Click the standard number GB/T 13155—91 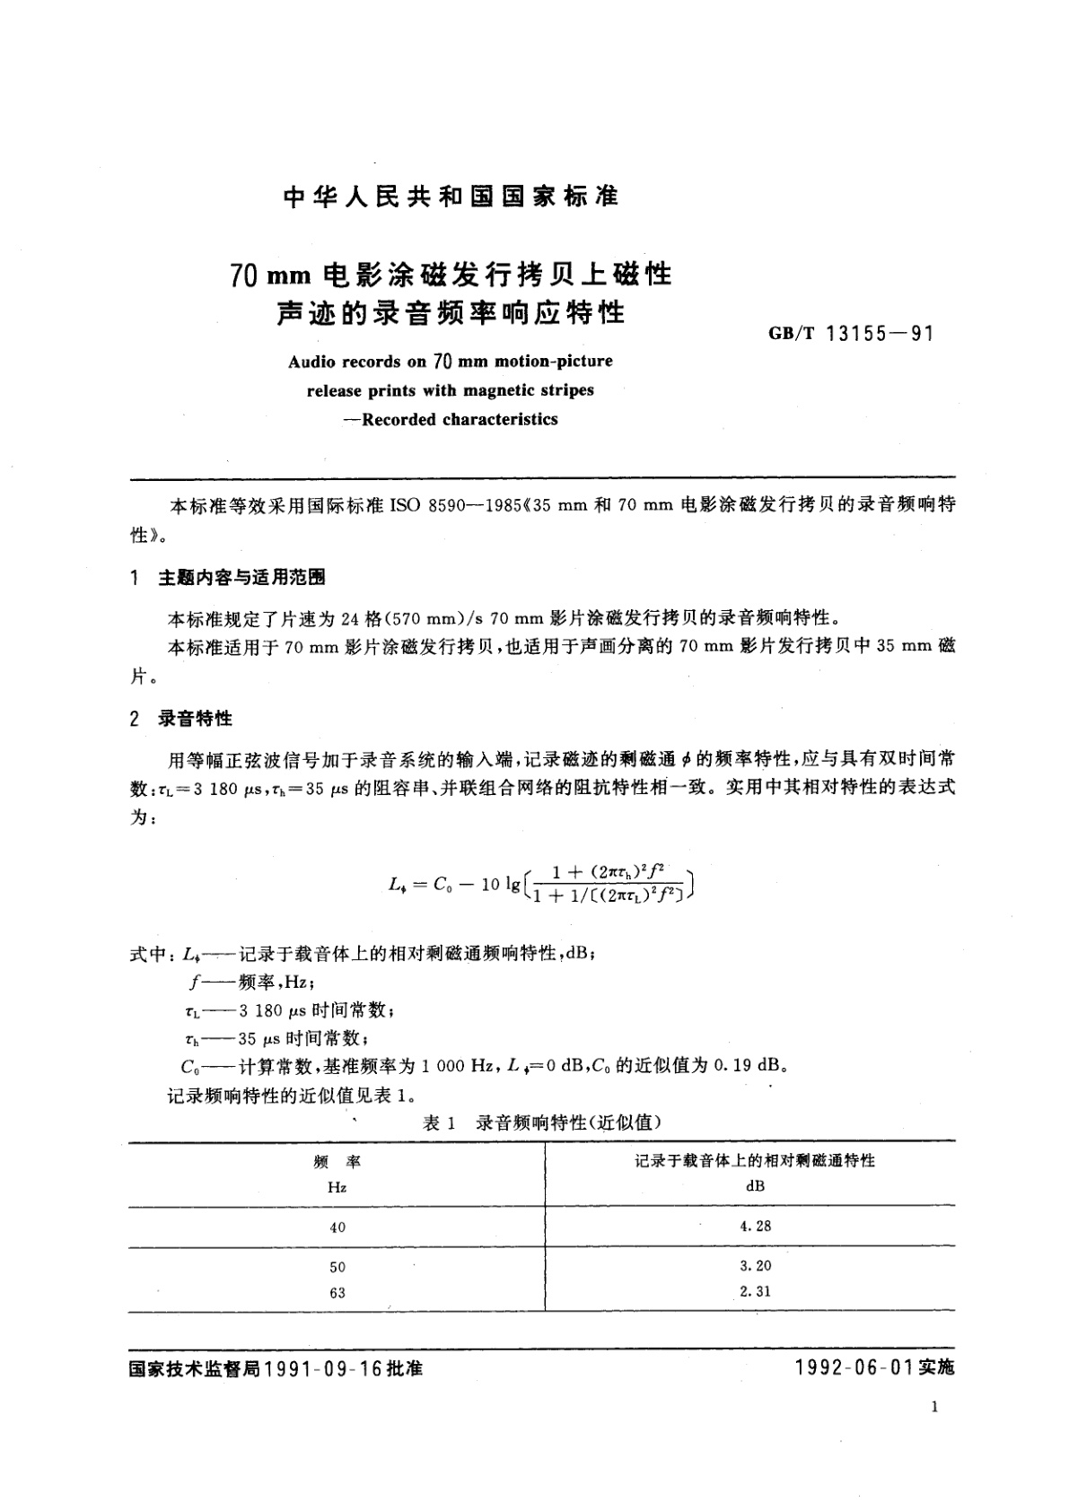pos(851,334)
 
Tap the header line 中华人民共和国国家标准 pos(451,197)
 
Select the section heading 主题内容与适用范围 pos(241,578)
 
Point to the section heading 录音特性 pos(195,719)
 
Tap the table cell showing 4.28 pos(756,1226)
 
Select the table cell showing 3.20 pos(756,1266)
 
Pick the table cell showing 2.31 pos(756,1292)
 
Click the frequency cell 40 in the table pos(337,1227)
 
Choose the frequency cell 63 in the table pos(337,1293)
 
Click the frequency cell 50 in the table pos(337,1267)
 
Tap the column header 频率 pos(337,1162)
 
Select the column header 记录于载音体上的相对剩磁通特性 pos(755,1161)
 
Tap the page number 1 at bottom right pos(934,1408)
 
